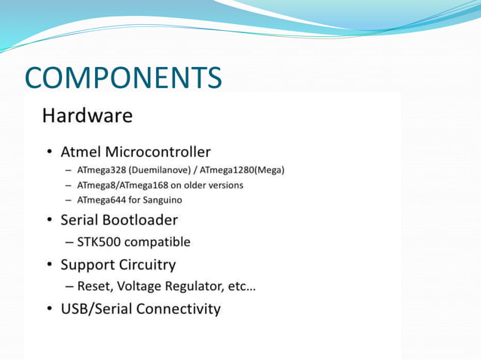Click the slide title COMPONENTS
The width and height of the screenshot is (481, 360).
click(x=123, y=78)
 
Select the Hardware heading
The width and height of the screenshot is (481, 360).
click(x=87, y=116)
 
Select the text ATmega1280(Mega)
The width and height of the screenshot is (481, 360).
click(x=242, y=169)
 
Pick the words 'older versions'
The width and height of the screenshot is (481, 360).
click(x=213, y=185)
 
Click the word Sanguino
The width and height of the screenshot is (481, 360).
click(x=161, y=200)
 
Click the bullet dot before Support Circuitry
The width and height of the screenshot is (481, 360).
click(x=49, y=265)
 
